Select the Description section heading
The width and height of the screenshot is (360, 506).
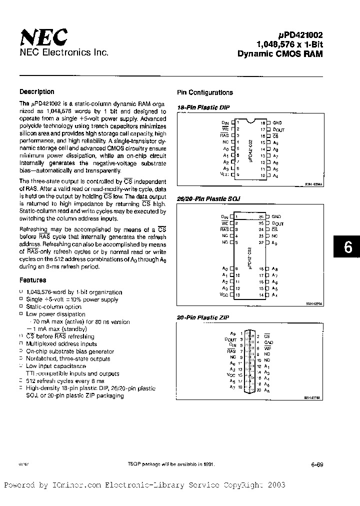pyautogui.click(x=36, y=91)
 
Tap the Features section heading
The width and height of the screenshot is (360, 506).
pyautogui.click(x=32, y=280)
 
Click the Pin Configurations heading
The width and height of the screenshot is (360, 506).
pyautogui.click(x=205, y=92)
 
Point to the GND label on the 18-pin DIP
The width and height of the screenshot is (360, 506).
pyautogui.click(x=277, y=122)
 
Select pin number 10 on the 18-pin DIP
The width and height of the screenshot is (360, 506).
pyautogui.click(x=261, y=175)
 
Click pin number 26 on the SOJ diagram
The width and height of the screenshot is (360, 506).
pyautogui.click(x=261, y=216)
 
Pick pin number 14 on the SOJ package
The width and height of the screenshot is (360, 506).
pyautogui.click(x=261, y=295)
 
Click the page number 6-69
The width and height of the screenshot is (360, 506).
pyautogui.click(x=317, y=464)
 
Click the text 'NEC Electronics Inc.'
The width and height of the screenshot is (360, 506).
pyautogui.click(x=63, y=52)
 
